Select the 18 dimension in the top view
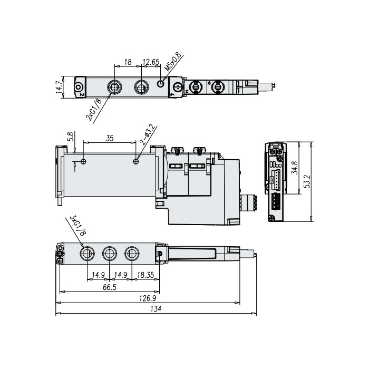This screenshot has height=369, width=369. pos(127,62)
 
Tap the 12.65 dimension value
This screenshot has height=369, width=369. pos(151,62)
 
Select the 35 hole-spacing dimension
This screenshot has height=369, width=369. pos(110,139)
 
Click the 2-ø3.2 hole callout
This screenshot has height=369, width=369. pos(147,134)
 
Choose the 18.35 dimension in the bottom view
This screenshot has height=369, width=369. pos(145,275)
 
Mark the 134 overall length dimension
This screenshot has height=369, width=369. pos(156,310)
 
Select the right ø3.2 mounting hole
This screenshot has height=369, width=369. pos(137,161)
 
